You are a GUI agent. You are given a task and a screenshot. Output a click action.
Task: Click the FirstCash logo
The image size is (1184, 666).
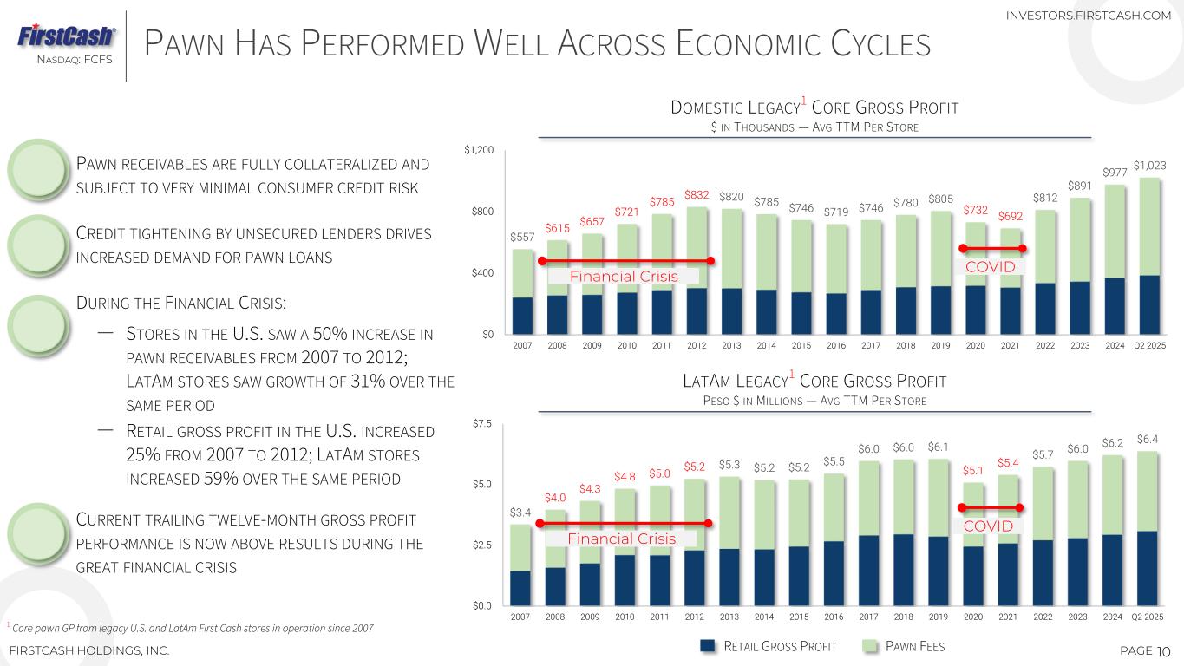[x=66, y=36]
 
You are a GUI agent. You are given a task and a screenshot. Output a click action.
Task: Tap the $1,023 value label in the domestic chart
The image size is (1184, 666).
[x=1149, y=165]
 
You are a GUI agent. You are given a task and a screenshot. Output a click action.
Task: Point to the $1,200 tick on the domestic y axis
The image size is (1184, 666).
[x=480, y=152]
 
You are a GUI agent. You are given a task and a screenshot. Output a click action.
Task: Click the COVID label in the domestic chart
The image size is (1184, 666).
[x=991, y=266]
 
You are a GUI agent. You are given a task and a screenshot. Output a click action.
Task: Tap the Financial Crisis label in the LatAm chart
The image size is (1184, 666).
[x=621, y=539]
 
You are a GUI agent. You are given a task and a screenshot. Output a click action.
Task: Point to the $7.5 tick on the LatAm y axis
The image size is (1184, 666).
[x=481, y=424]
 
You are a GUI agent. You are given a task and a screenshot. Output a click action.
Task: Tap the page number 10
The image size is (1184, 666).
[x=1164, y=650]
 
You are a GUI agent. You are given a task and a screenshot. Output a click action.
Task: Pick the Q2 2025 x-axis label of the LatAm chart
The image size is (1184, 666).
[x=1148, y=618]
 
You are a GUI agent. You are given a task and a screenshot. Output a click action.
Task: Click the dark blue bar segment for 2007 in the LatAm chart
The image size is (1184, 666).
[x=520, y=586]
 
